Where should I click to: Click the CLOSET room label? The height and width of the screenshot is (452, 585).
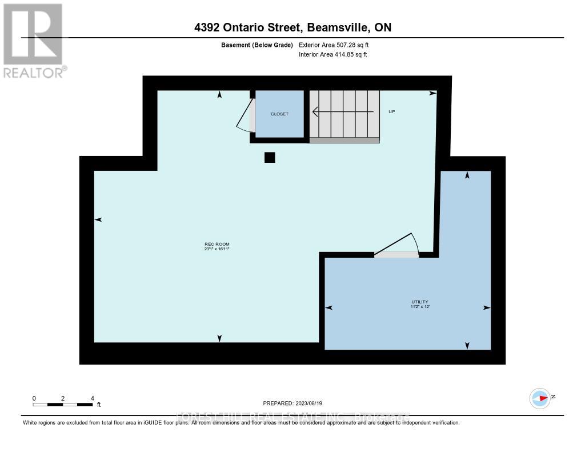(279, 114)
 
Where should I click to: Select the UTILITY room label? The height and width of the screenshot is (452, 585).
(419, 302)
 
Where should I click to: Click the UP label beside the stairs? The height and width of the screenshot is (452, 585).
(392, 111)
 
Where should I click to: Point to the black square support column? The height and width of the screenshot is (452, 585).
(270, 158)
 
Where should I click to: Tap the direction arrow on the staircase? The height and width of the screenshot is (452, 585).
(343, 113)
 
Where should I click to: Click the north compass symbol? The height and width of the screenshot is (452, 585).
(540, 398)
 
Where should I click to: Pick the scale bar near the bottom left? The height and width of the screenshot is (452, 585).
(63, 405)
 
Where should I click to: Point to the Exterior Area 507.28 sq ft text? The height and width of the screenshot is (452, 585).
(338, 45)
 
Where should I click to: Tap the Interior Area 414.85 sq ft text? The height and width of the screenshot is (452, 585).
(333, 55)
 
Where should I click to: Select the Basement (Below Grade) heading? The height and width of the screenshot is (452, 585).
(257, 45)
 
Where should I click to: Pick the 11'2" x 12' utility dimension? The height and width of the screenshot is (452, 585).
(419, 307)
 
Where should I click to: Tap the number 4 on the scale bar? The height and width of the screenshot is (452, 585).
(92, 398)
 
